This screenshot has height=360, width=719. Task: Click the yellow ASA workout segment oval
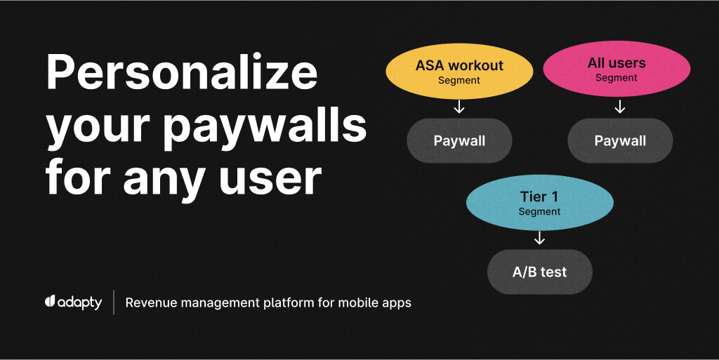click(x=459, y=72)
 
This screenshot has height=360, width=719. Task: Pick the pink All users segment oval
click(x=616, y=69)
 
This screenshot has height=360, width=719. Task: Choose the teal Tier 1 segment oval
click(x=539, y=203)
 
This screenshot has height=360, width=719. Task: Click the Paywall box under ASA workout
click(x=459, y=140)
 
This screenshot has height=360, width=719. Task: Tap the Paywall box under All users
click(x=620, y=140)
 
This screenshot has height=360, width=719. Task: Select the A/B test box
click(x=539, y=272)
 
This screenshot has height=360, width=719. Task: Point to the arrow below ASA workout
click(x=459, y=107)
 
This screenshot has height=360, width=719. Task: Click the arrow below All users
click(x=619, y=107)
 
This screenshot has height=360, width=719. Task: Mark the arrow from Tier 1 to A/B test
click(x=539, y=239)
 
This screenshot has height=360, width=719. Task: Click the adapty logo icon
click(x=50, y=302)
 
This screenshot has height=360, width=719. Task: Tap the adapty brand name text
click(x=80, y=303)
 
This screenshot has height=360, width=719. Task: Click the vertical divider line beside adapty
click(x=114, y=302)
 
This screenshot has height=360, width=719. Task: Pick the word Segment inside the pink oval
click(x=616, y=78)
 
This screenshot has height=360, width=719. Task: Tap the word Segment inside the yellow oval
click(x=459, y=80)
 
